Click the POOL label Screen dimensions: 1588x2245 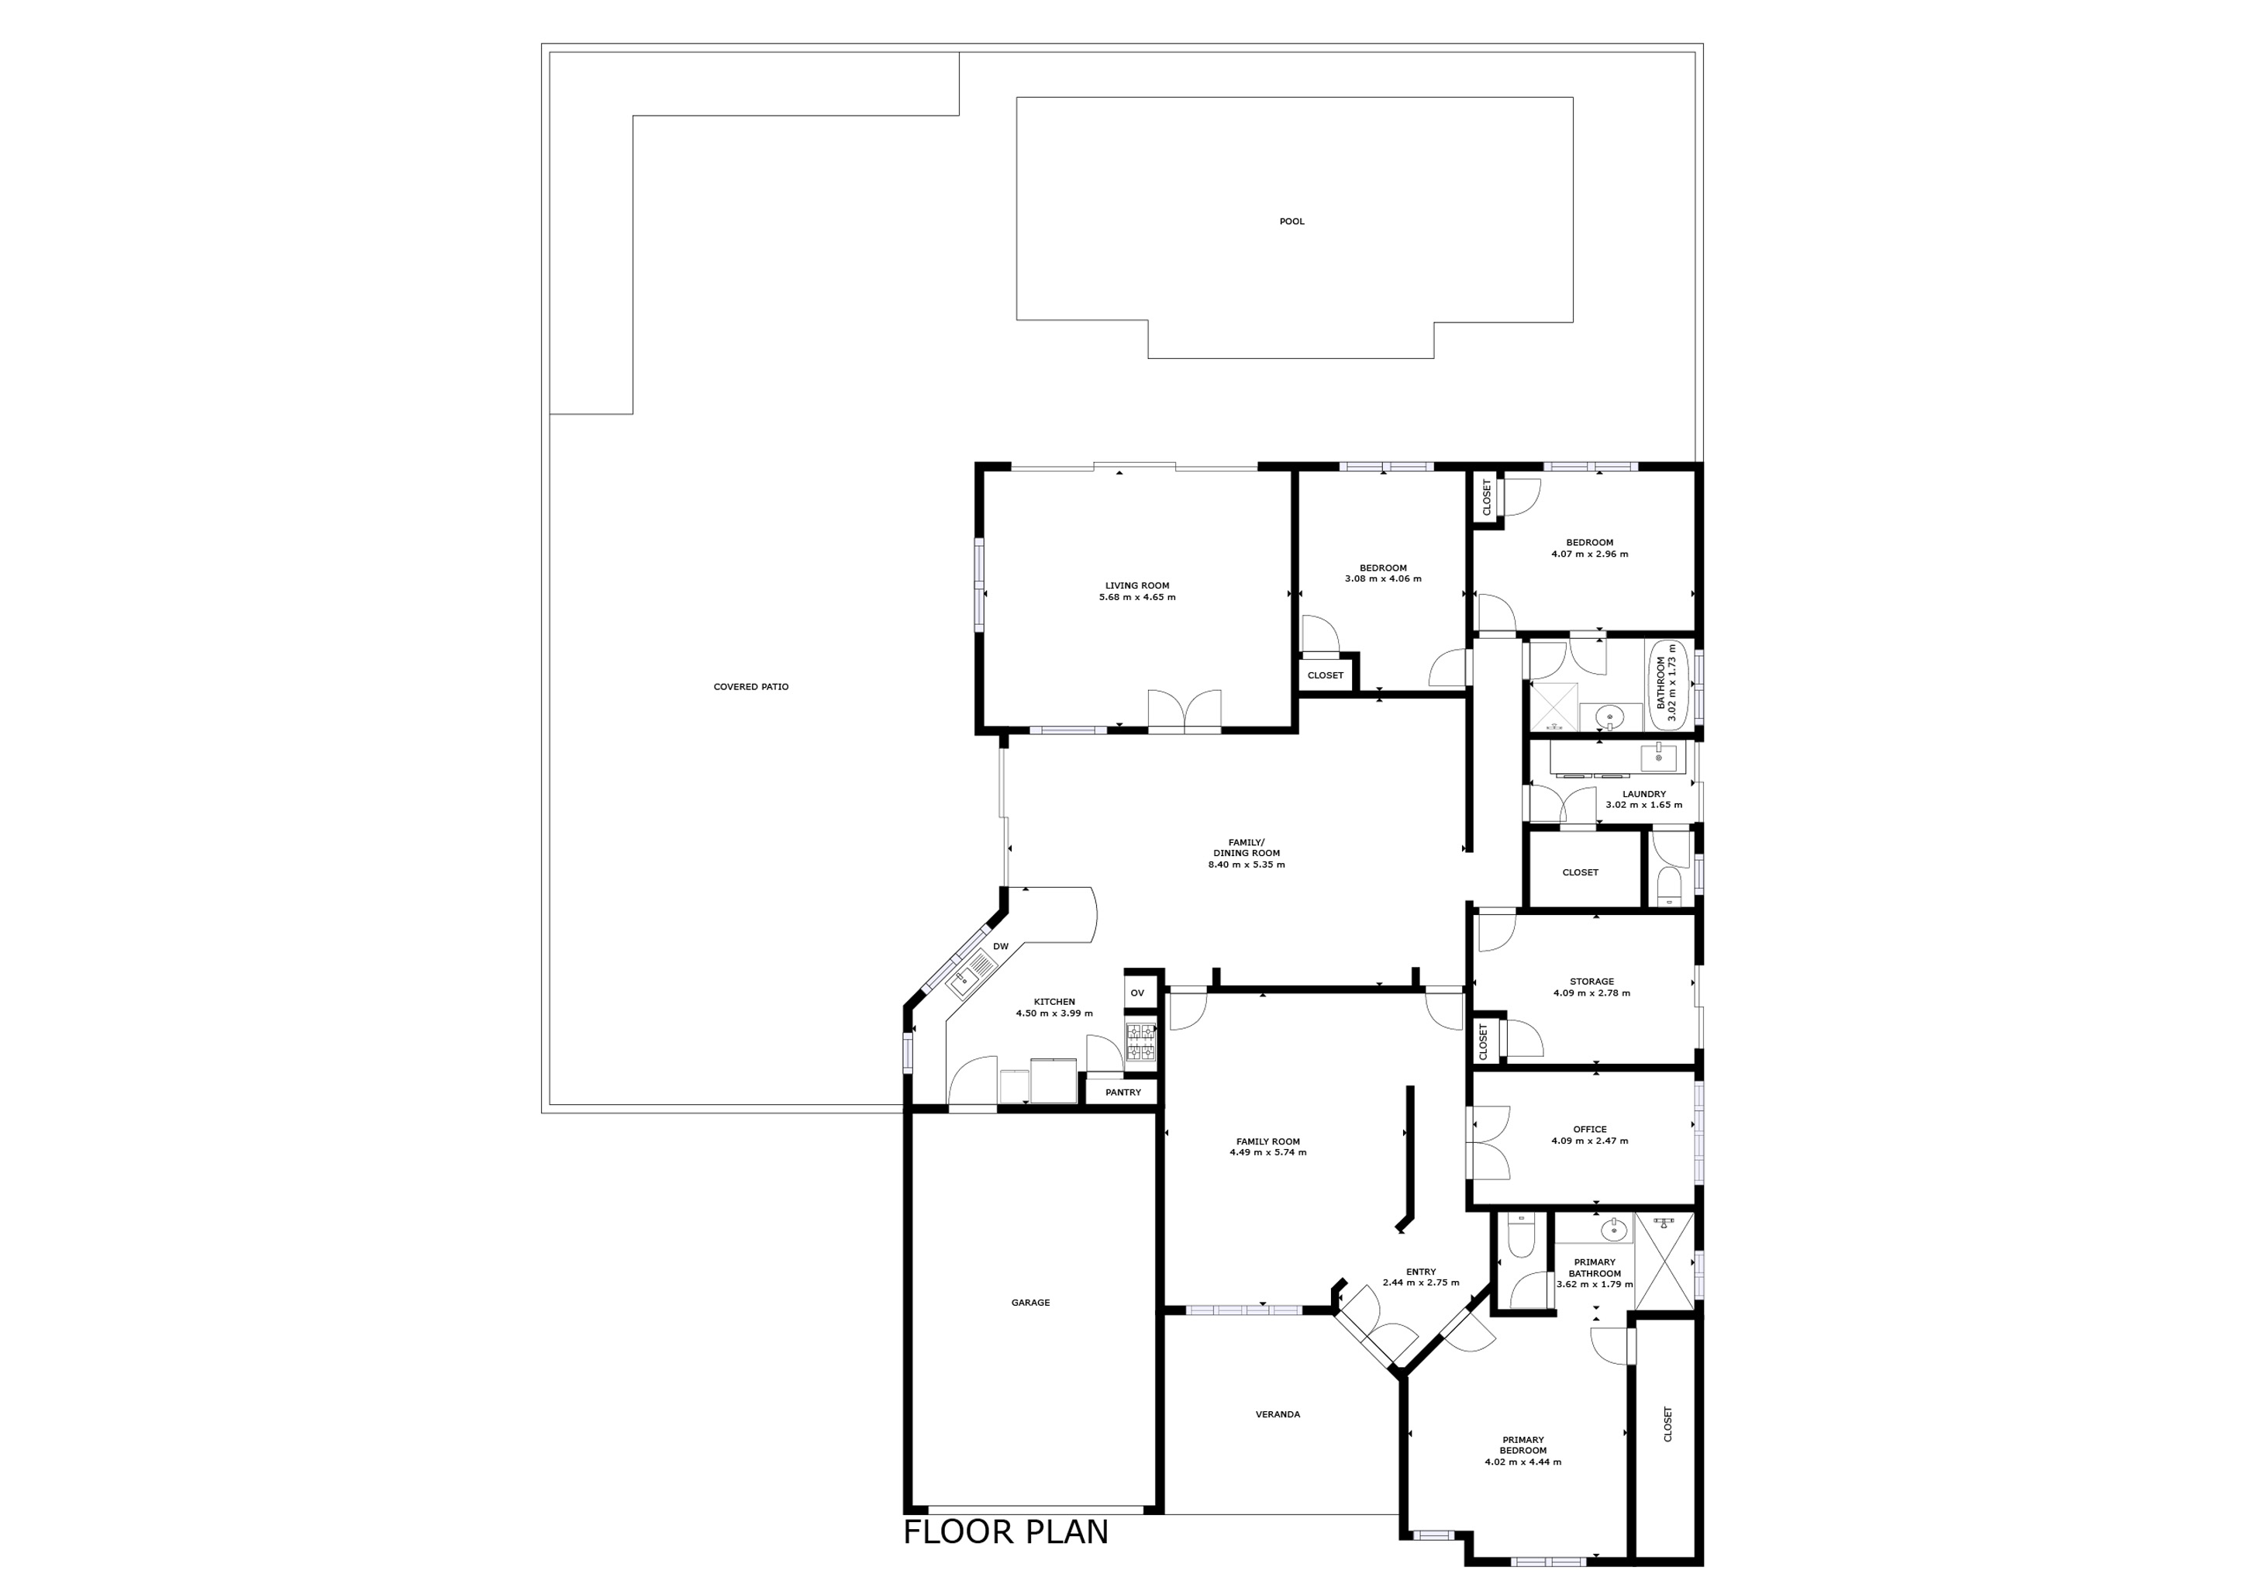click(x=1291, y=222)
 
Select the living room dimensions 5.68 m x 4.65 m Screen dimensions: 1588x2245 click(x=1137, y=598)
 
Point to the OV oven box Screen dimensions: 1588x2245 click(x=1137, y=992)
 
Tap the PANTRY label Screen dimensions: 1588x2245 click(x=1122, y=1093)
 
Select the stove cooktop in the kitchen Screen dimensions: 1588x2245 click(x=1140, y=1042)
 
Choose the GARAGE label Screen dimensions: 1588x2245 click(x=1030, y=1303)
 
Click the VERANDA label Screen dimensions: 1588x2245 click(x=1278, y=1414)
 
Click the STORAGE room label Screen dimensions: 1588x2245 click(x=1592, y=982)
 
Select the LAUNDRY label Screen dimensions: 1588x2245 click(x=1643, y=794)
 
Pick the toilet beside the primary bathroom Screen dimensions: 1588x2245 click(x=1523, y=1240)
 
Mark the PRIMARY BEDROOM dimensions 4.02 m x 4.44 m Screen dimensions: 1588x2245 click(x=1523, y=1463)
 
